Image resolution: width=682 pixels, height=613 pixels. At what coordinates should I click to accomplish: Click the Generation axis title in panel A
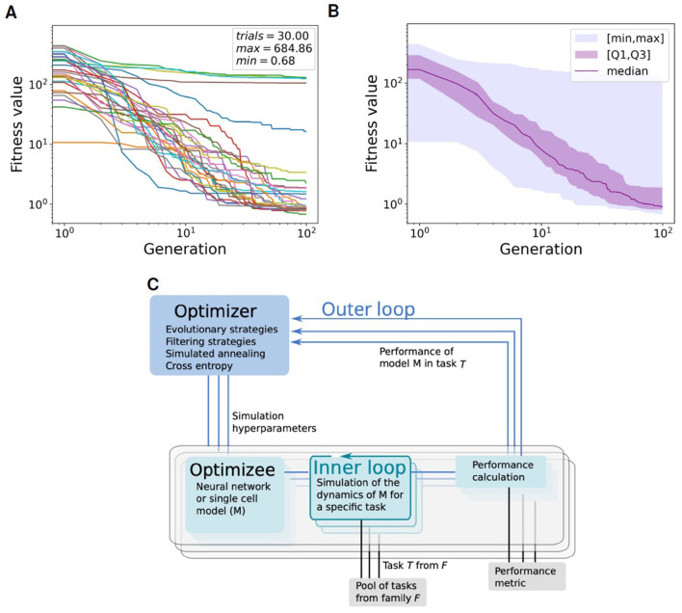click(x=185, y=249)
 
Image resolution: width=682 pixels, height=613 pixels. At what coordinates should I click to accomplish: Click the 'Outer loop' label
click(x=368, y=309)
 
